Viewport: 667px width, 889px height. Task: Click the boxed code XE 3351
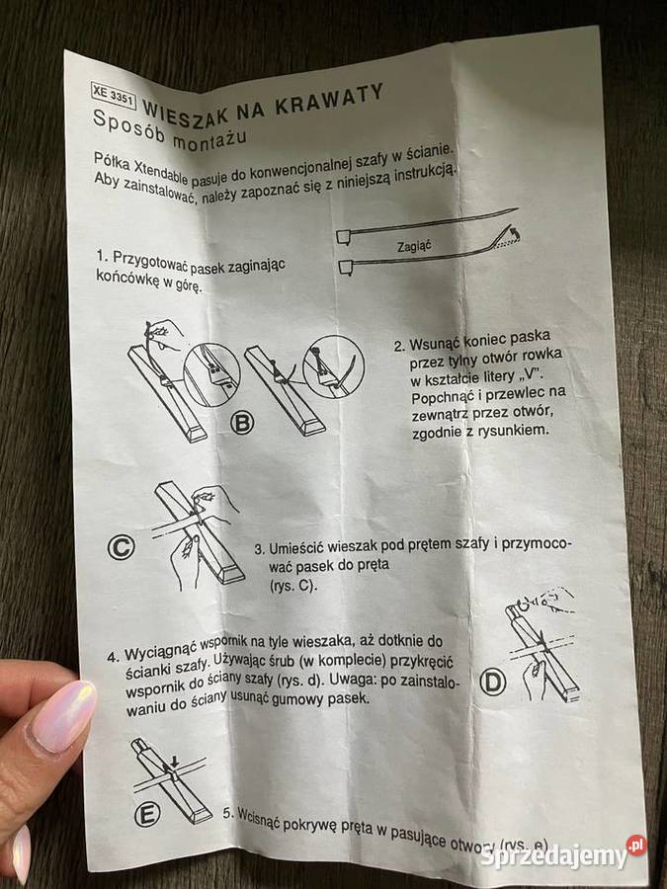coord(113,96)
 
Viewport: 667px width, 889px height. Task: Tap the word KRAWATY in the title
coord(330,101)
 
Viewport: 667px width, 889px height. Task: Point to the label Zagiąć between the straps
coord(414,246)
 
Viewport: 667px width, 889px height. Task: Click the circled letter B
coord(242,424)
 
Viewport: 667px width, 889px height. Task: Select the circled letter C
coord(121,547)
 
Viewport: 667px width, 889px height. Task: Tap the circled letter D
coord(493,683)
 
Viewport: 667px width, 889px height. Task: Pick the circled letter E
coord(147,815)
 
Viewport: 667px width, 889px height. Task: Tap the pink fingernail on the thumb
coord(63,716)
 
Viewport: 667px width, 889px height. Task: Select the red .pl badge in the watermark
coord(636,846)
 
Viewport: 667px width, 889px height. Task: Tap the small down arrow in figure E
coord(174,761)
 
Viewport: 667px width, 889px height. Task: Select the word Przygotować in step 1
coord(149,262)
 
